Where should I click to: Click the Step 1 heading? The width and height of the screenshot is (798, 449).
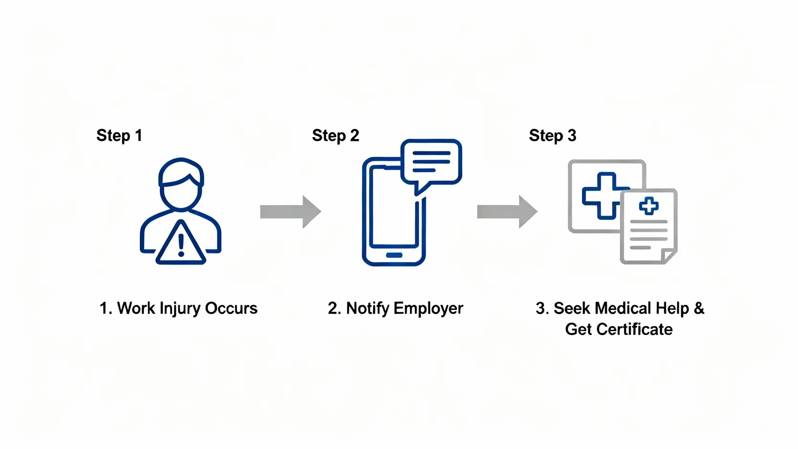click(x=119, y=136)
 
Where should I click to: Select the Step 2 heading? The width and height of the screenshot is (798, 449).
click(x=335, y=136)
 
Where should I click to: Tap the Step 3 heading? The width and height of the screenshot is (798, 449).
click(x=552, y=136)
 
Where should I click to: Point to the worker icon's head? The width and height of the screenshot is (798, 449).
click(x=181, y=184)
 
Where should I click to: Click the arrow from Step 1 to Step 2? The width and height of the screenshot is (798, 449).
click(x=290, y=211)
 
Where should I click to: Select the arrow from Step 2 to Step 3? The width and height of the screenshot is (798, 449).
click(x=507, y=211)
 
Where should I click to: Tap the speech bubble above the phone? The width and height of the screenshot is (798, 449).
click(x=431, y=162)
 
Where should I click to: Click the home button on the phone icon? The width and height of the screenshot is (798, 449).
click(x=394, y=255)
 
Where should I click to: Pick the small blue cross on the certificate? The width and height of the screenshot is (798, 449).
click(x=649, y=206)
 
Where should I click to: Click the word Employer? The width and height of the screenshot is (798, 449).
click(x=428, y=309)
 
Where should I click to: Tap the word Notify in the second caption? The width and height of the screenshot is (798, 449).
click(x=367, y=309)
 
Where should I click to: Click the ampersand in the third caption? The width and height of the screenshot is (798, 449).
click(x=699, y=308)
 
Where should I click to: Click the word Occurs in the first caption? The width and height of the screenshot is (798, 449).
click(x=231, y=309)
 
